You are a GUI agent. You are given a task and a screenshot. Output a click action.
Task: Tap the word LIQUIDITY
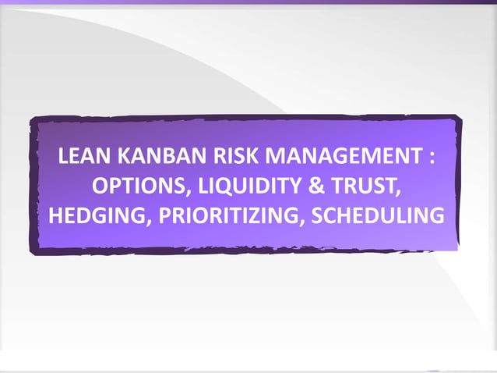234,187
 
